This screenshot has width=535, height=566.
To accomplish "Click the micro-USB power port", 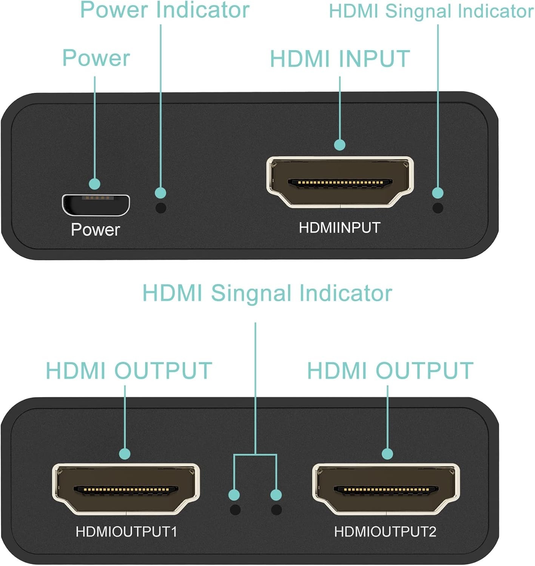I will [96, 205].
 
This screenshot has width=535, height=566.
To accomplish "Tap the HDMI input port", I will [340, 182].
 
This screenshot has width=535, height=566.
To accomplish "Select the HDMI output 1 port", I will [126, 489].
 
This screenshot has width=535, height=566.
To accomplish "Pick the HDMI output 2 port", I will [386, 489].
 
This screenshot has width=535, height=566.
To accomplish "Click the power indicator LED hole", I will [161, 208].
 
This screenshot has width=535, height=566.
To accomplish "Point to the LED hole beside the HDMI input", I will [438, 208].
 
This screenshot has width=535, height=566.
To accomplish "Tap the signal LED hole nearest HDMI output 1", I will [235, 510].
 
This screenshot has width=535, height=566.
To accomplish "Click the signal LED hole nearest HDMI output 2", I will [276, 510].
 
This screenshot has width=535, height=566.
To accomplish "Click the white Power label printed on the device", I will [96, 230].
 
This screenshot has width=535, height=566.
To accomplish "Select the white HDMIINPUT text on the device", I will [339, 228].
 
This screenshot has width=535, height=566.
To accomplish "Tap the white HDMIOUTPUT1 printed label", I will [126, 532].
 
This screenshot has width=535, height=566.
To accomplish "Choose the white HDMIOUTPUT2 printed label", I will [385, 532].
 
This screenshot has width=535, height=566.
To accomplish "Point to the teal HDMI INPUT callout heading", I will [340, 59].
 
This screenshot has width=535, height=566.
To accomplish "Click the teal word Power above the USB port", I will [96, 58].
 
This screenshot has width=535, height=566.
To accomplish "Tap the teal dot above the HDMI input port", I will [340, 145].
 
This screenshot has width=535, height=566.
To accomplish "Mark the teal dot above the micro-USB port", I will [95, 184].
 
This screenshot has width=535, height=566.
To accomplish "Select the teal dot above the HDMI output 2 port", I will [387, 454].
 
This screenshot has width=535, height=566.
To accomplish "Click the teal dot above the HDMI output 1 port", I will [125, 454].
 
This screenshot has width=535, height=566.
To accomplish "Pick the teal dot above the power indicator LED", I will [160, 193].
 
